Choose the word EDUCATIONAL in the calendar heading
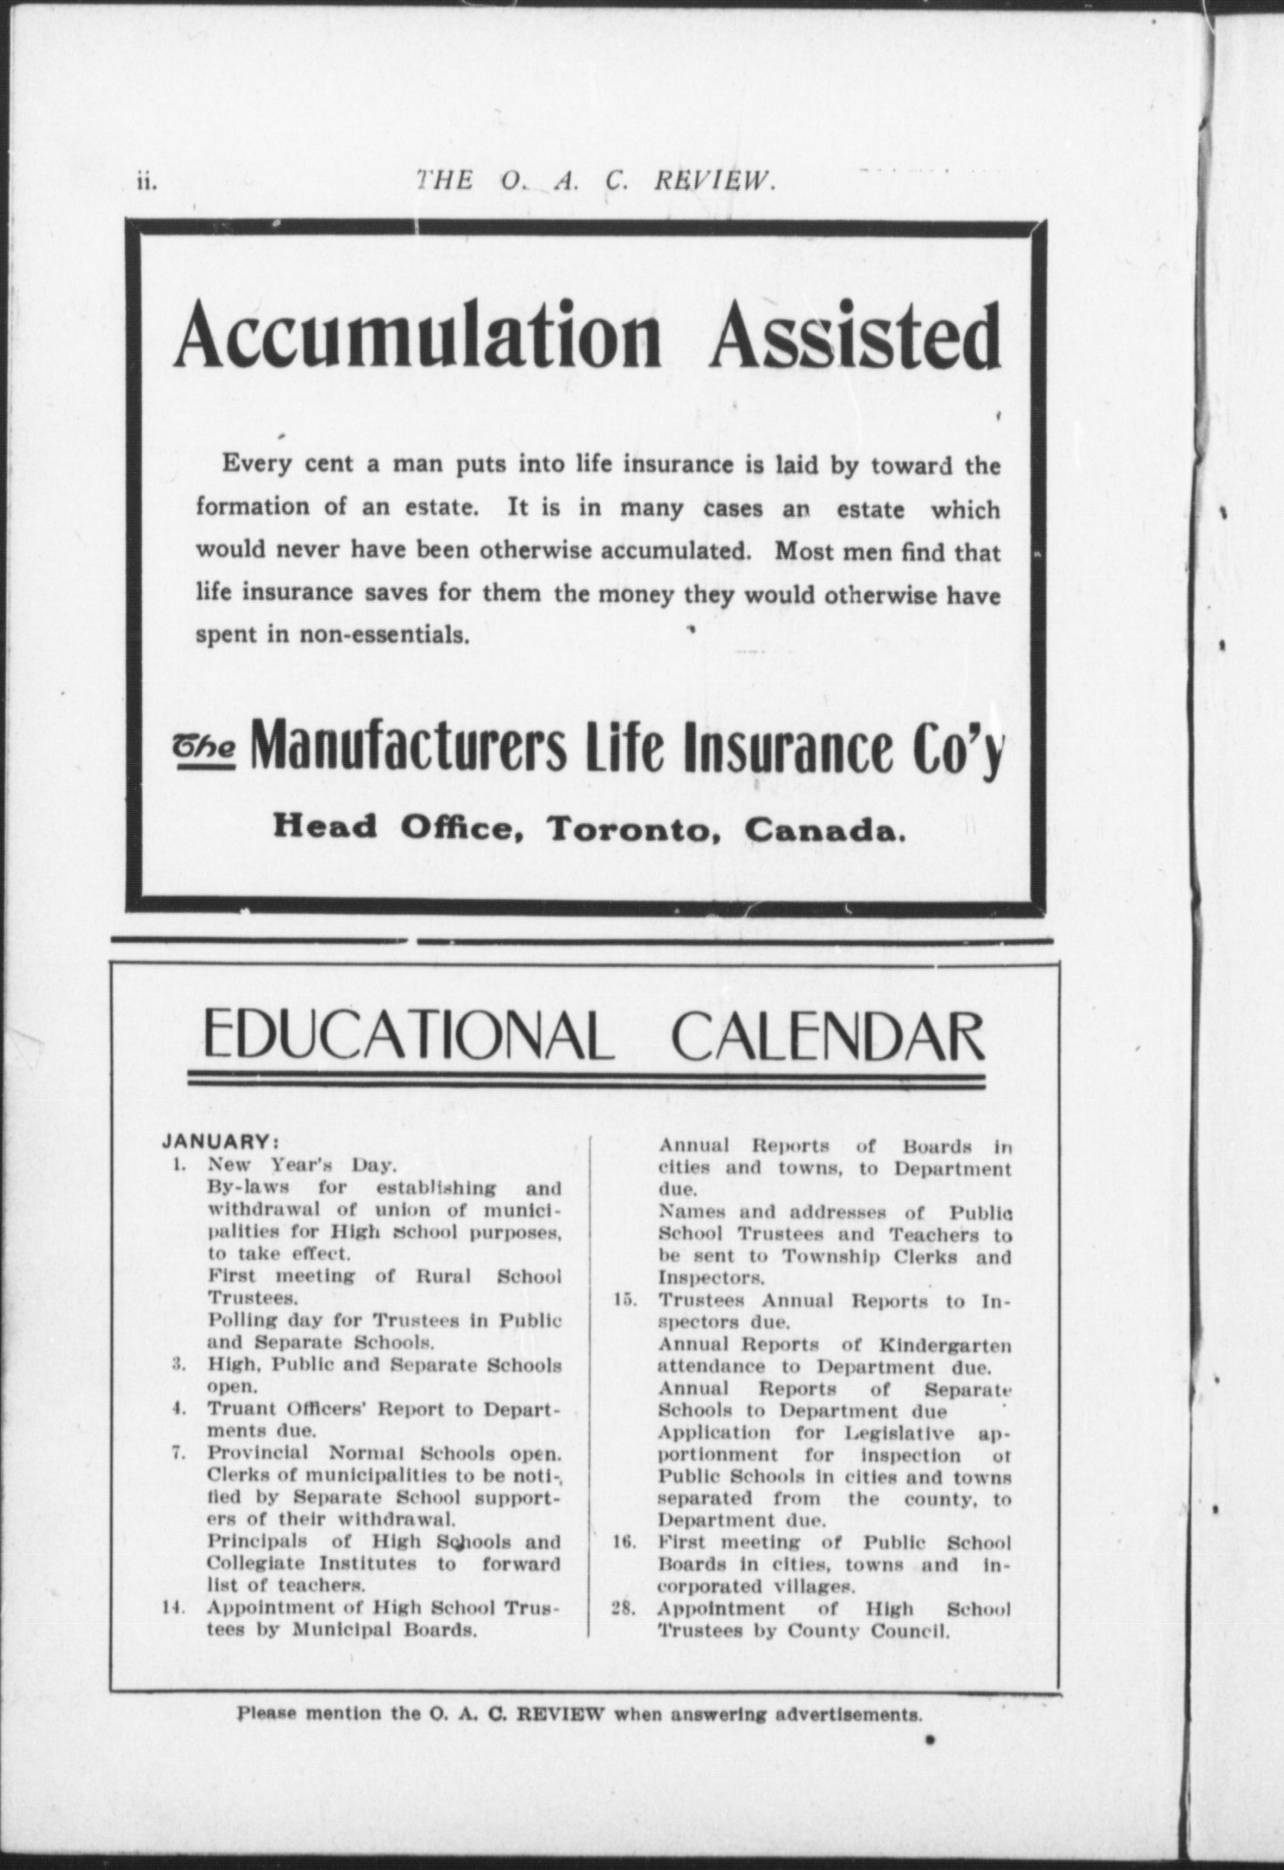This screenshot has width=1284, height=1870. [x=405, y=1037]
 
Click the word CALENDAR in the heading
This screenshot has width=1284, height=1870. [x=828, y=1037]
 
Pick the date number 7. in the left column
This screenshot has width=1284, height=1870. [x=178, y=1453]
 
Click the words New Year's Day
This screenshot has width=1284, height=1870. [x=302, y=1164]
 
